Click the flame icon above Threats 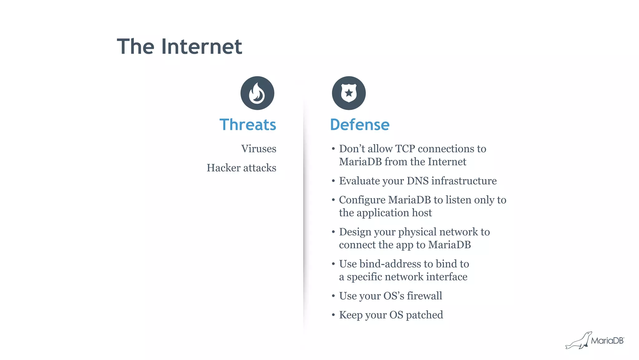coord(257,93)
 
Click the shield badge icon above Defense coord(349,93)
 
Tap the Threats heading coord(248,125)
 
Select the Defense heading coord(360,125)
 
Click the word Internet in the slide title coord(202,47)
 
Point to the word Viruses coord(259,149)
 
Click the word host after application coord(422,213)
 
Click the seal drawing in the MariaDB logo coord(578,341)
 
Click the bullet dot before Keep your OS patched coord(333,315)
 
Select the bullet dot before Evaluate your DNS coord(333,181)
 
